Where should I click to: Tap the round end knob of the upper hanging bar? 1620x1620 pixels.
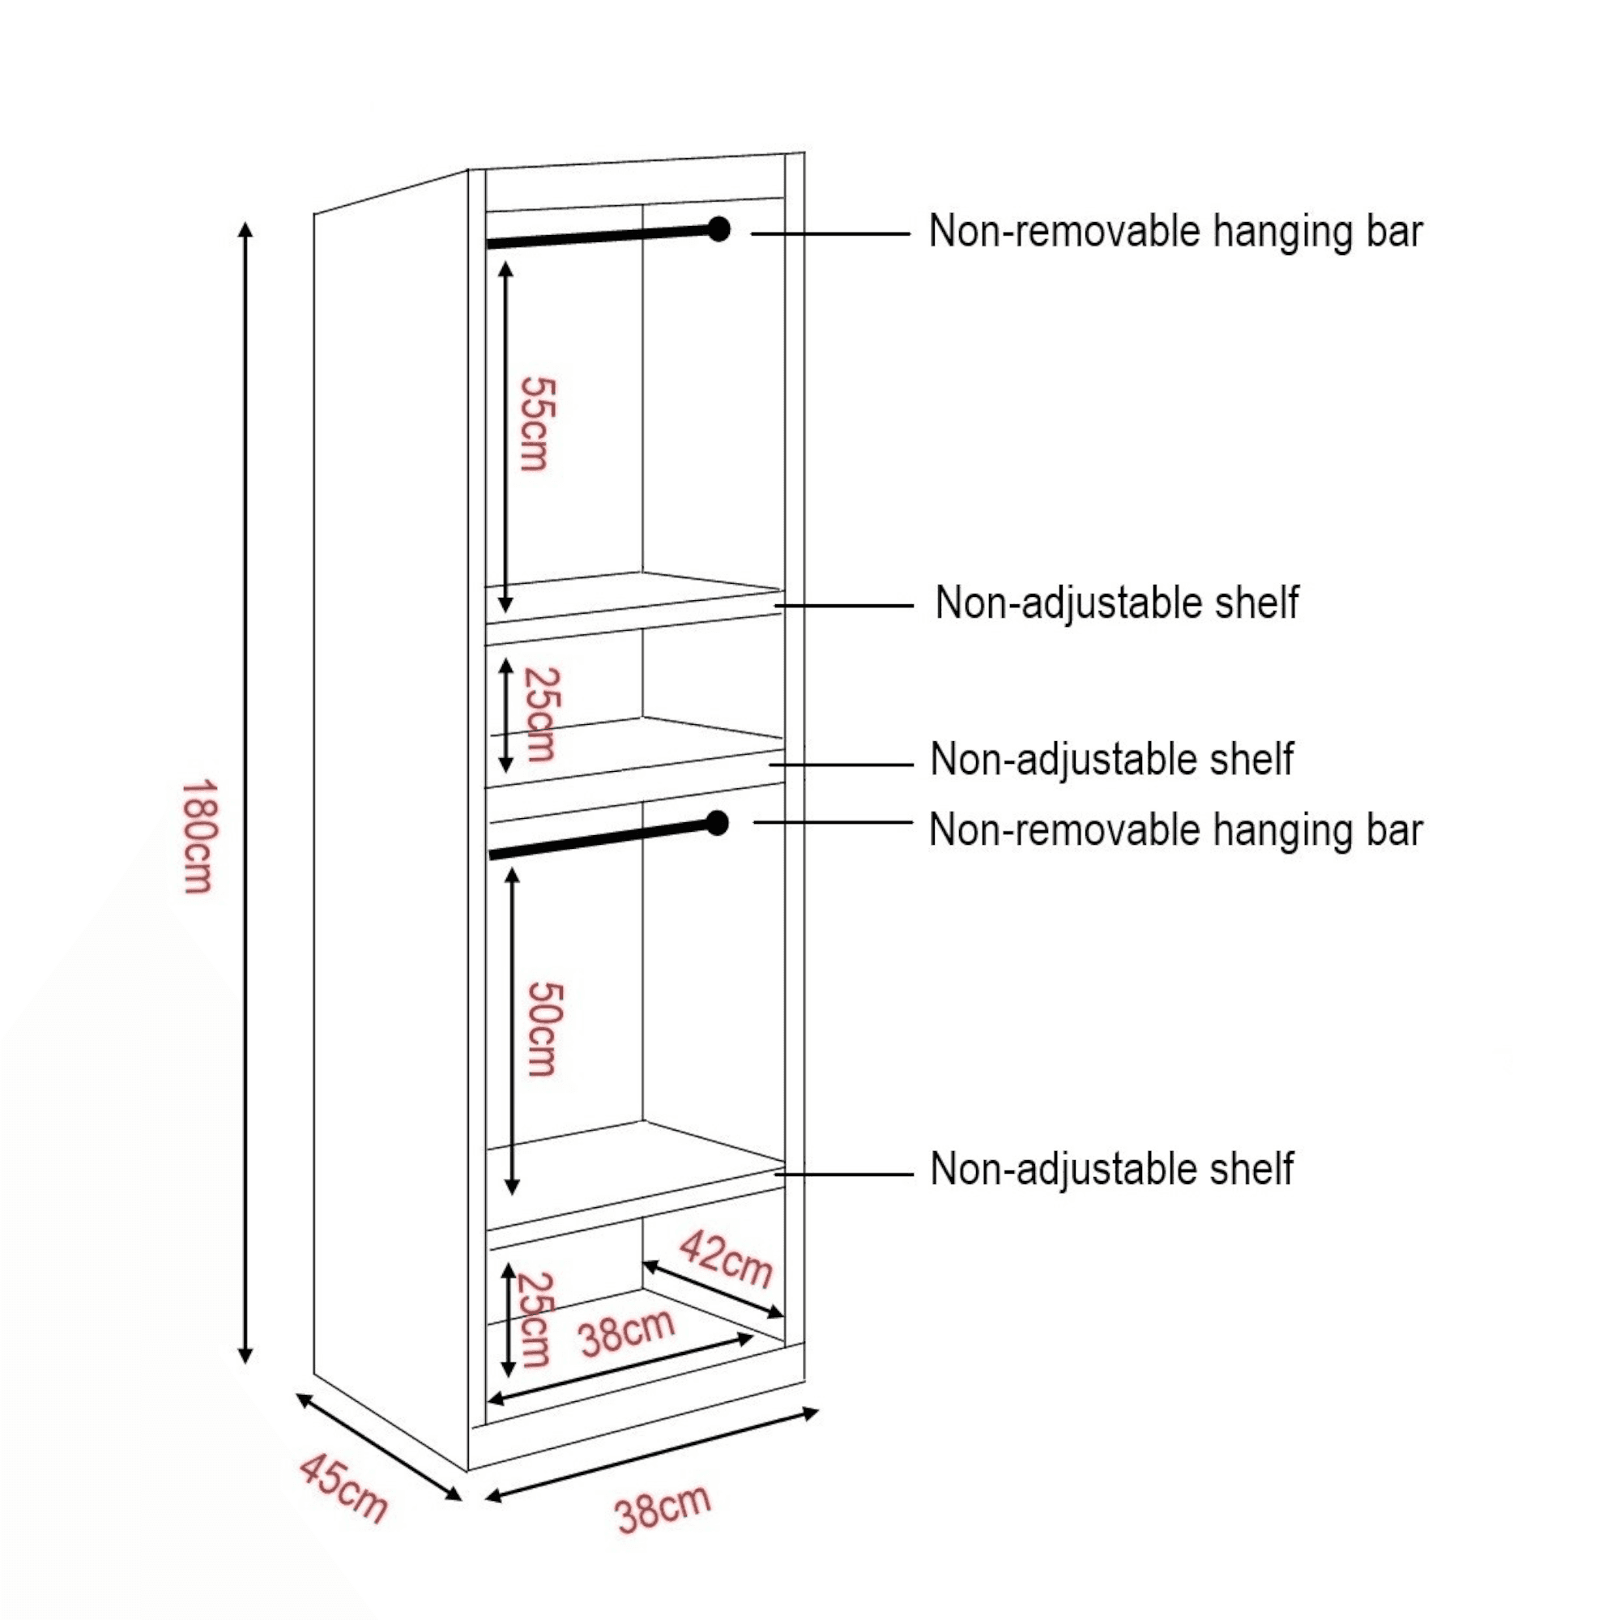[718, 229]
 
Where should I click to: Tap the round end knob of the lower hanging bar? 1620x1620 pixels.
[717, 824]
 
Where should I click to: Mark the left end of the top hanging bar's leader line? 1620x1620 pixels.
[752, 234]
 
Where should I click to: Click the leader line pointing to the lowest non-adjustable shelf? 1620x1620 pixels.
[843, 1174]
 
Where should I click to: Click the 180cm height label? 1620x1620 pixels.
[199, 836]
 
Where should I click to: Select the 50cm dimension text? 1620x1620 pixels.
[544, 1030]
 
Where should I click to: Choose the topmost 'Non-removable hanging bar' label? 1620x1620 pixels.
[1175, 232]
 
